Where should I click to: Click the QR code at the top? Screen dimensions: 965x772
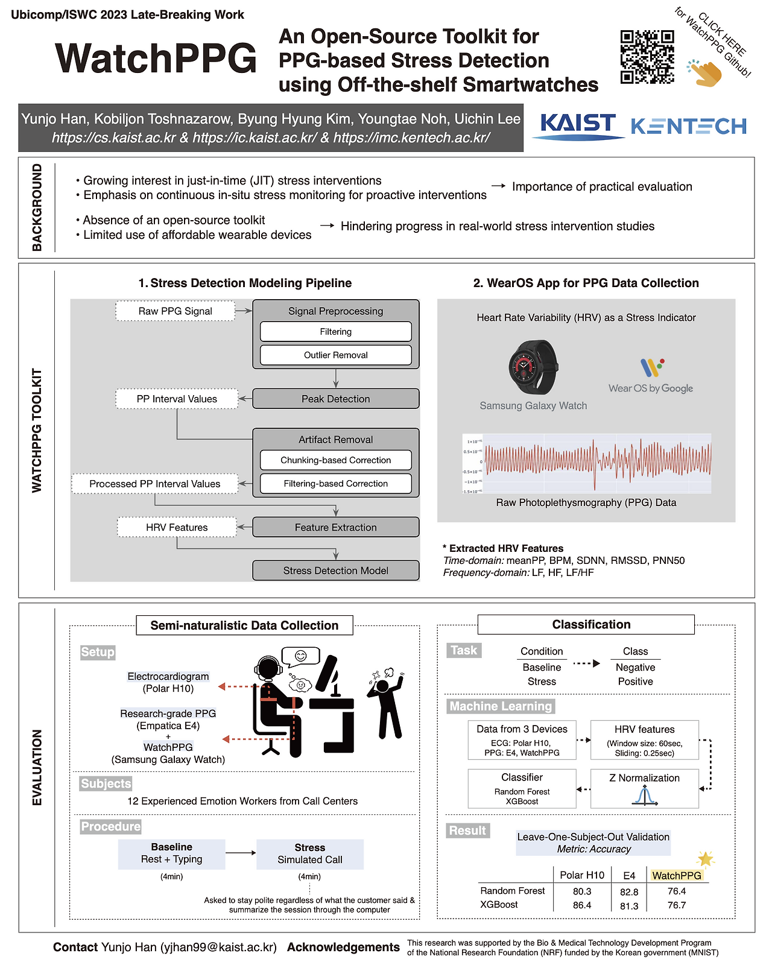pos(647,57)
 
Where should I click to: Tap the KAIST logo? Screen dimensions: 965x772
pos(578,125)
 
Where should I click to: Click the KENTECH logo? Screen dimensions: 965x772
pos(688,127)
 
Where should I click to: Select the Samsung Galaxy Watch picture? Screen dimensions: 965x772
pos(533,367)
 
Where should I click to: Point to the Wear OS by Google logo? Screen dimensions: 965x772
pos(651,376)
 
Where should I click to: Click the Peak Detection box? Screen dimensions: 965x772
pos(335,399)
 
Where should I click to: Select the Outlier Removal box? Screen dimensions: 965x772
pos(335,355)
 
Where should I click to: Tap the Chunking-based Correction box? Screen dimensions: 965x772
pos(335,460)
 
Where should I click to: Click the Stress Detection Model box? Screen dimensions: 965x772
pos(335,571)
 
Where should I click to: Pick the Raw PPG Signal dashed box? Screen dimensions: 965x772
pos(176,311)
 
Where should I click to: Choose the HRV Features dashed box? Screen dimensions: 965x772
pos(177,527)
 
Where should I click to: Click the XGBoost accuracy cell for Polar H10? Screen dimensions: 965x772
pos(582,905)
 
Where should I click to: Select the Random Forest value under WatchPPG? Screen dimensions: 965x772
pos(677,891)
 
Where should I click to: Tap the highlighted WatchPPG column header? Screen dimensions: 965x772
pos(677,875)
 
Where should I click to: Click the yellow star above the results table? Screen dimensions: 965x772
pos(705,859)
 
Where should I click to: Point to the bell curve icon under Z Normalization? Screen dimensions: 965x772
pos(645,796)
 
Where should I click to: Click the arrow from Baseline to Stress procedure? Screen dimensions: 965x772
pos(241,853)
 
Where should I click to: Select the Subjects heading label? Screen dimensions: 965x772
pos(106,783)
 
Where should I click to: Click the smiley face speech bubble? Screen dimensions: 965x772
pos(301,656)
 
